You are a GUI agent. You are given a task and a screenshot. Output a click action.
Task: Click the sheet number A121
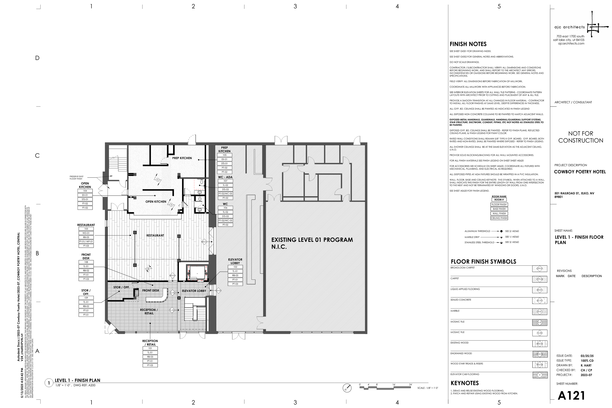click(571, 396)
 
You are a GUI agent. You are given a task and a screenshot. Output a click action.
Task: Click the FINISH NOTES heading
click(468, 44)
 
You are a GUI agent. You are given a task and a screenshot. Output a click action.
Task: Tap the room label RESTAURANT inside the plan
click(155, 235)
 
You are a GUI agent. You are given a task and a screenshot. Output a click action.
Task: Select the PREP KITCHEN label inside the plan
click(182, 158)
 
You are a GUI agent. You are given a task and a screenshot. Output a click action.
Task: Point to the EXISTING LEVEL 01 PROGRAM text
click(312, 240)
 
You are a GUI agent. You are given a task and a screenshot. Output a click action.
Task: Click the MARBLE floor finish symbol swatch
click(540, 312)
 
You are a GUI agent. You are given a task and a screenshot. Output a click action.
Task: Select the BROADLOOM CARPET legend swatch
click(540, 268)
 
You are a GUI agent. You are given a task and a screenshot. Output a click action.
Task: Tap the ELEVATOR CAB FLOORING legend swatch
click(540, 375)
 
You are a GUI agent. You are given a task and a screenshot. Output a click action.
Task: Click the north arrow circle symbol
click(347, 388)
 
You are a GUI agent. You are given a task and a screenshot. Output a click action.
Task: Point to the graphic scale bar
click(385, 388)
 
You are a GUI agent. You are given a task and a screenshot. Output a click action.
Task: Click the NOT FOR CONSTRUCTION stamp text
click(580, 137)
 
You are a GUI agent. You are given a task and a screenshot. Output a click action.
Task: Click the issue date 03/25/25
click(587, 356)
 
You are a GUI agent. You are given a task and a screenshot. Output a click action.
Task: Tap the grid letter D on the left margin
click(37, 58)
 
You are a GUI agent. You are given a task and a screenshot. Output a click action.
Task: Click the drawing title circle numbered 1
click(49, 383)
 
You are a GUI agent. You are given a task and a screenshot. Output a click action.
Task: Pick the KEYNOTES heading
click(464, 383)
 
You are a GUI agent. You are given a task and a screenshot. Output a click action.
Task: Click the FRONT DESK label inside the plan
click(151, 290)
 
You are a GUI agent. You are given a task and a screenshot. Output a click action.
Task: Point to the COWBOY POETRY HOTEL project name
click(580, 172)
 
